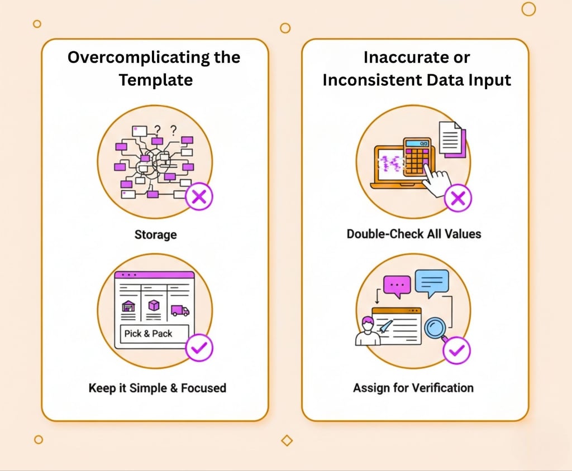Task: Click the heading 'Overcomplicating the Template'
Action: (x=154, y=68)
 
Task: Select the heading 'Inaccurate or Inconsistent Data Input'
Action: (x=416, y=68)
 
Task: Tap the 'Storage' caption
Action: (x=155, y=234)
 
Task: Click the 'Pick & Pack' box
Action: (x=149, y=334)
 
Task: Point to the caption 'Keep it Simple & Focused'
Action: (x=157, y=388)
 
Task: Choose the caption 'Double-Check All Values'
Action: (x=414, y=233)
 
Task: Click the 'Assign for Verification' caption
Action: (x=413, y=388)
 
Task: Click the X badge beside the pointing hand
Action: (x=457, y=198)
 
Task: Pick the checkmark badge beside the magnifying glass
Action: (x=457, y=350)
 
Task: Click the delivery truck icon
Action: (x=180, y=311)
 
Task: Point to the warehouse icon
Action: (x=128, y=307)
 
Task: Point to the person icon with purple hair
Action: (x=367, y=331)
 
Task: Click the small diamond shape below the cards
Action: (x=287, y=440)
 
